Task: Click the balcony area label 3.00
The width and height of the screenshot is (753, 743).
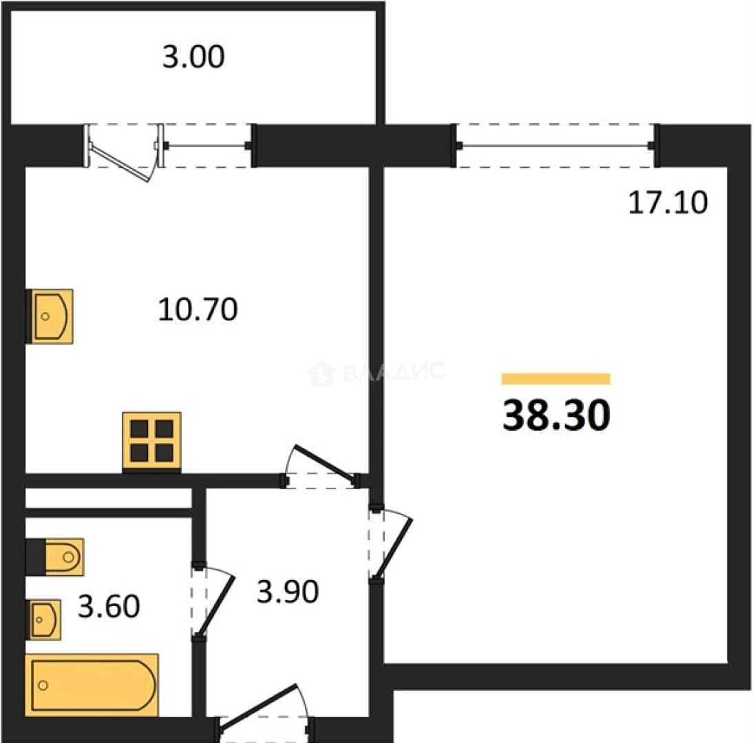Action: coord(193,56)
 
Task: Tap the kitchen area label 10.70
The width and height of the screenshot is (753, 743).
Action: coord(198,310)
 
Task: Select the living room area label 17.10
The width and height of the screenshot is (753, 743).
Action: coord(668,202)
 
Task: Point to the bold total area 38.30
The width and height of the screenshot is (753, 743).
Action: coord(556,415)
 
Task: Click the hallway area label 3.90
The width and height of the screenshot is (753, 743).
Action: coord(288,592)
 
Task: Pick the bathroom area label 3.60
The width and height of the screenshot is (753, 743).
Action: coord(109,605)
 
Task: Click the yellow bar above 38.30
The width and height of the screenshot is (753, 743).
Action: coord(555,378)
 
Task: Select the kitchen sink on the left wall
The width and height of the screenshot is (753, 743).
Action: coord(49,316)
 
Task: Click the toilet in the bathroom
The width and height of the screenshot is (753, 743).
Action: coord(55,557)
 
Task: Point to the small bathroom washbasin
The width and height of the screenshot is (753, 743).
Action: coord(43,620)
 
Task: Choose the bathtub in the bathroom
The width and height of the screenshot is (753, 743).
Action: coord(92,685)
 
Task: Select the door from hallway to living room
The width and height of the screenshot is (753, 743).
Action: coord(390,545)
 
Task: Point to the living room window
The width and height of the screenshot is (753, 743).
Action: coord(555,145)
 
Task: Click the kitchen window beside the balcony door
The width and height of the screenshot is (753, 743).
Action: coord(208,145)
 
